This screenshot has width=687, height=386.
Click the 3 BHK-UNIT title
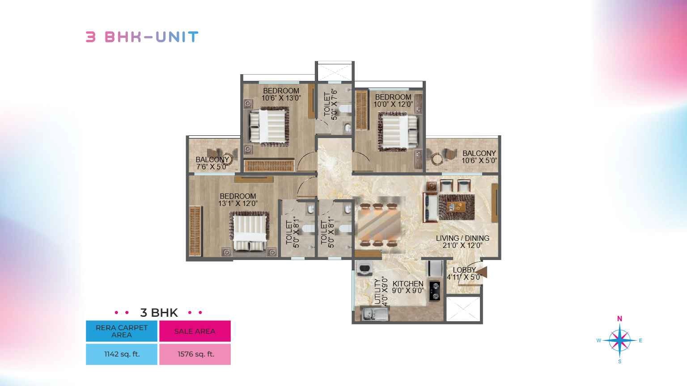142,37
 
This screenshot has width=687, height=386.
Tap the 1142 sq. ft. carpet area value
122,354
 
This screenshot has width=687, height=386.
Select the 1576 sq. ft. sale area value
195,354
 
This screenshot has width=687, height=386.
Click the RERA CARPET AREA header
122,331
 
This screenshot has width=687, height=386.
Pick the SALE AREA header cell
195,331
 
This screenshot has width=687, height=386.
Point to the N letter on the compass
619,319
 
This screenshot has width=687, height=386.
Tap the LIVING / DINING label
462,242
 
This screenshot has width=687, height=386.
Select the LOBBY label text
464,270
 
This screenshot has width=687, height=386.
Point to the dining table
379,225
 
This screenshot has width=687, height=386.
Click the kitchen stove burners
435,291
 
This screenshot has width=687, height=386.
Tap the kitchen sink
374,314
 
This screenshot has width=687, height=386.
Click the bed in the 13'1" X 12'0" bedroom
249,231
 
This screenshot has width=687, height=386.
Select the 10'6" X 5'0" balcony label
479,157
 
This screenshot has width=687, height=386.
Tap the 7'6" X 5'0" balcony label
212,163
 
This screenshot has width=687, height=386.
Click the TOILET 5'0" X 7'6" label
331,105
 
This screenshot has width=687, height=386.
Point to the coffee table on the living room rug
456,207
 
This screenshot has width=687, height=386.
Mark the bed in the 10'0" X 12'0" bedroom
398,132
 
